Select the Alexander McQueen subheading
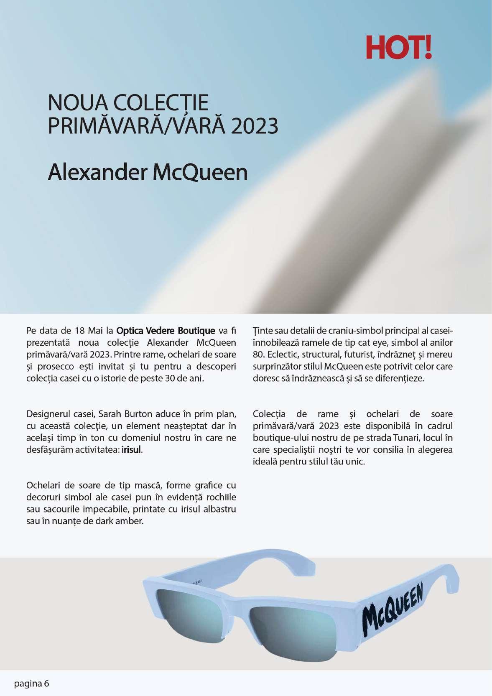(148, 172)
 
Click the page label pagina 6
(32, 684)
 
